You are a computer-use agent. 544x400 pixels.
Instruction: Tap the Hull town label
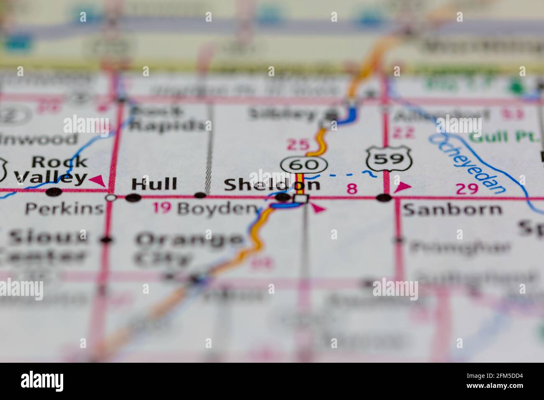pyautogui.click(x=154, y=184)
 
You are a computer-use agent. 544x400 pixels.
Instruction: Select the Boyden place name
pyautogui.click(x=216, y=209)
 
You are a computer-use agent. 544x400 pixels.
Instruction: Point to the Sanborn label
pyautogui.click(x=452, y=209)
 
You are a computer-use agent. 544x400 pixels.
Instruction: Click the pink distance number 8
pyautogui.click(x=352, y=189)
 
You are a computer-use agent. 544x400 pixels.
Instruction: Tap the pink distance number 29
pyautogui.click(x=467, y=189)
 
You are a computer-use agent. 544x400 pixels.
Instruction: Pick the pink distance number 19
pyautogui.click(x=162, y=208)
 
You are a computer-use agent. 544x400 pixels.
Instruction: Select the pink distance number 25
pyautogui.click(x=297, y=145)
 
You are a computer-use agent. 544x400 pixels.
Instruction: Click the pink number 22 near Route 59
pyautogui.click(x=403, y=133)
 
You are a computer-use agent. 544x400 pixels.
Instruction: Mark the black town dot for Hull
pyautogui.click(x=133, y=198)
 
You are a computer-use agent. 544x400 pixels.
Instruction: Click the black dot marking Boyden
pyautogui.click(x=200, y=195)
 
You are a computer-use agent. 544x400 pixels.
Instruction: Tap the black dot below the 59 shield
pyautogui.click(x=384, y=197)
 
